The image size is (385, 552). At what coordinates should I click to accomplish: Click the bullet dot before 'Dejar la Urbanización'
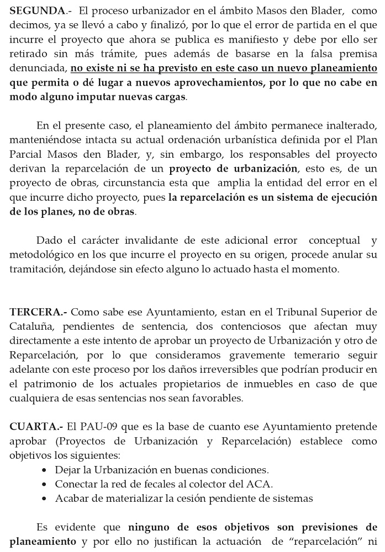[x=45, y=470]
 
